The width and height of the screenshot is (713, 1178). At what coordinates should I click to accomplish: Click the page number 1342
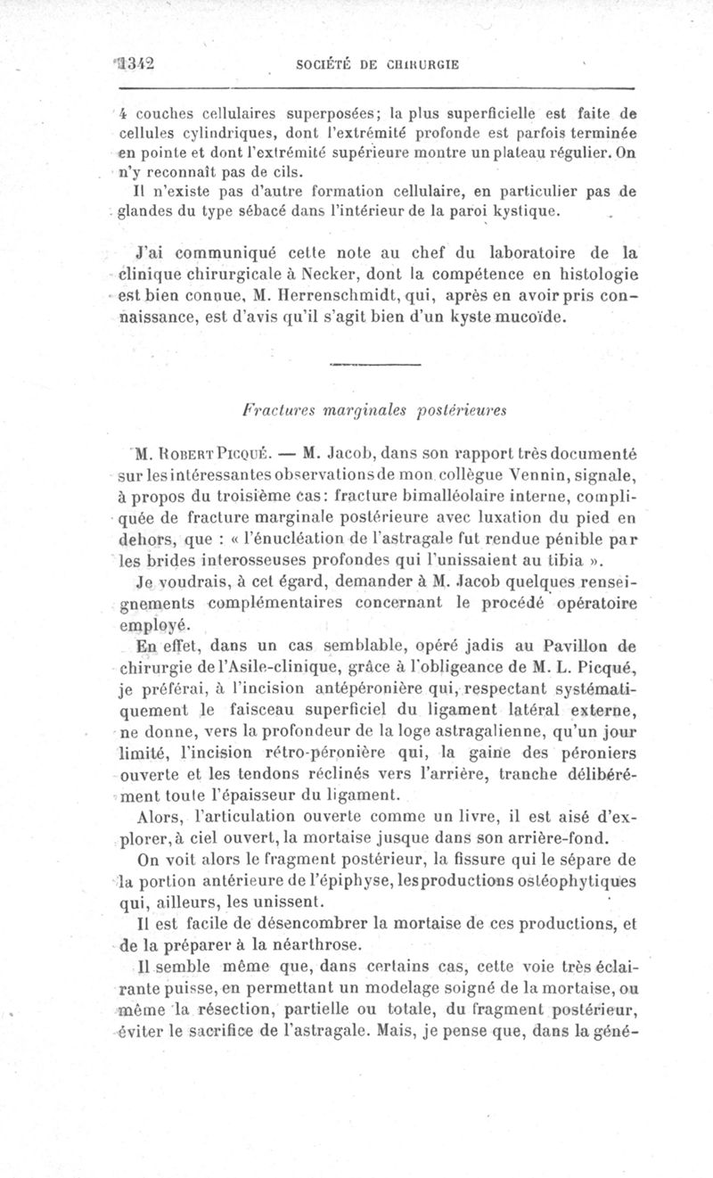click(x=135, y=63)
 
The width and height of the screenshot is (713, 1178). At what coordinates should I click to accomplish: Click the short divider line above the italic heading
click(x=375, y=364)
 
